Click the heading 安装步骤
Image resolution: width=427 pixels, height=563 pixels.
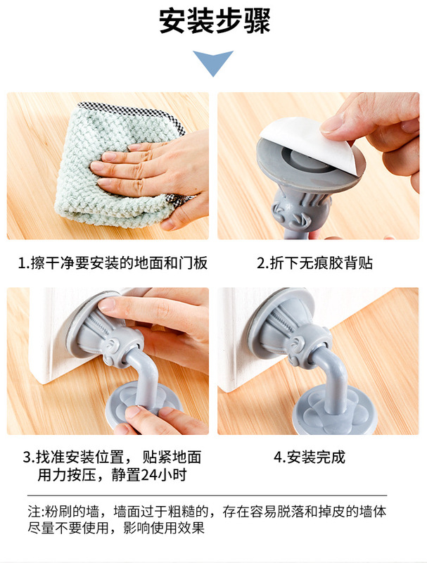pos(215,21)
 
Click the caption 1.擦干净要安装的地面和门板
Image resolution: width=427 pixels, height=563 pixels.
pos(113,263)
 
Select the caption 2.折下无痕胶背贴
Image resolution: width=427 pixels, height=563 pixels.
pos(314,263)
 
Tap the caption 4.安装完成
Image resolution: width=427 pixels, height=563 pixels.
pos(310,457)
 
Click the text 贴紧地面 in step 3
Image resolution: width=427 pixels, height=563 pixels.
pos(172,457)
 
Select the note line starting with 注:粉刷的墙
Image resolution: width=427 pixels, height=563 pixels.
pos(207,512)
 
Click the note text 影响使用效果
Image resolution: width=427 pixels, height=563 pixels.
pos(164,528)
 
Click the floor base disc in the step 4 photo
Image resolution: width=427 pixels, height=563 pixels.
pos(334,411)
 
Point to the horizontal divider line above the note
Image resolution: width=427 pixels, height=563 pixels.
pos(207,495)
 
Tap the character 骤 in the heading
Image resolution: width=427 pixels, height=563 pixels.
pos(257,21)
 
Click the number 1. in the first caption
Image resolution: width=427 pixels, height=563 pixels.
pos(24,263)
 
